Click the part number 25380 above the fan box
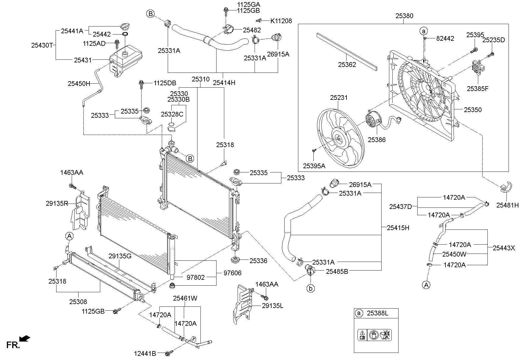click(x=404, y=16)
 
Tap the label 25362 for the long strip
click(x=347, y=64)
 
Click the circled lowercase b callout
click(x=310, y=288)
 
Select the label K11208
click(x=281, y=21)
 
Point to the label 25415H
click(x=398, y=228)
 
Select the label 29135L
click(x=272, y=305)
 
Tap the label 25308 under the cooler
click(x=78, y=302)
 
